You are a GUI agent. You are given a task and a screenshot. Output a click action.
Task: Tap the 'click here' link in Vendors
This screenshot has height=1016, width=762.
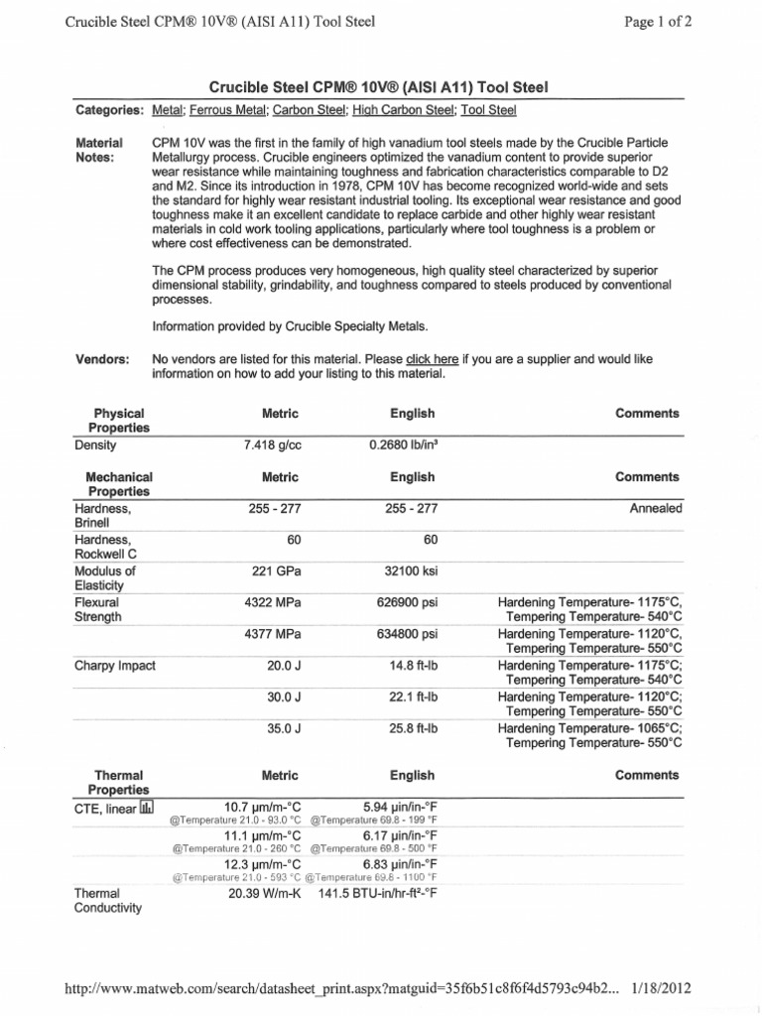click(x=432, y=359)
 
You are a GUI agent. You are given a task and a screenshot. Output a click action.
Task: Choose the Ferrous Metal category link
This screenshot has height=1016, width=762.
click(x=228, y=109)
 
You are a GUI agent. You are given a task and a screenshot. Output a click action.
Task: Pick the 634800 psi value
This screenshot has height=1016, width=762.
click(x=410, y=634)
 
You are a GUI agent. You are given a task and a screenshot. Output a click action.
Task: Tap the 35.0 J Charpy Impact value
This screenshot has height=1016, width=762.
click(x=284, y=727)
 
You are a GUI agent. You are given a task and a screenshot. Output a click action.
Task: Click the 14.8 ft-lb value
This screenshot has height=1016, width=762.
click(x=414, y=666)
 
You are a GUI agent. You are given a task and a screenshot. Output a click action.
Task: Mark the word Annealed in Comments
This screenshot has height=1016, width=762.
click(x=656, y=508)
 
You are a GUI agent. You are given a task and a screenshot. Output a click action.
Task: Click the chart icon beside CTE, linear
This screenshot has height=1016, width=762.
click(x=147, y=808)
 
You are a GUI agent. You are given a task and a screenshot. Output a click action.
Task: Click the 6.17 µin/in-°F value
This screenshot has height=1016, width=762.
click(x=400, y=835)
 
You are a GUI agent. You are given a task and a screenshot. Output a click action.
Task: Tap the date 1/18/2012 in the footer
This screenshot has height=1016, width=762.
click(x=658, y=989)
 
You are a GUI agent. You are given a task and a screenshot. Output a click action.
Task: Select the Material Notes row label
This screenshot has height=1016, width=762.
click(x=99, y=150)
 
